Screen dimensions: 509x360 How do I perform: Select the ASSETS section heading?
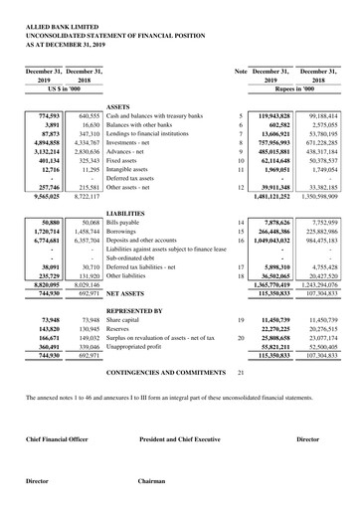118,104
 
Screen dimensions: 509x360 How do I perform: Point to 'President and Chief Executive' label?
179,438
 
